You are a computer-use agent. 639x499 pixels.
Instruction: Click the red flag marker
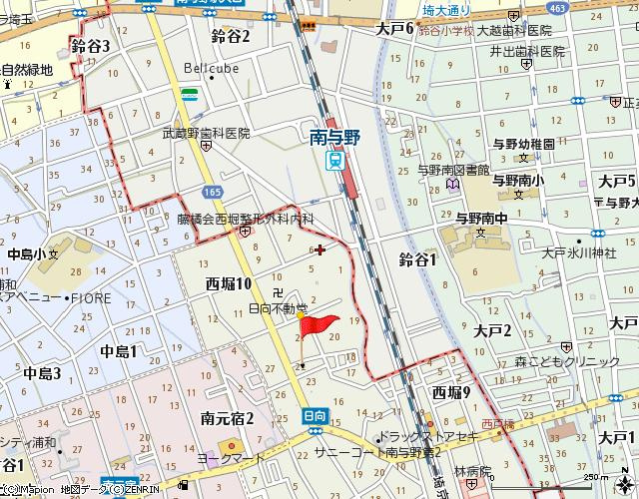click(x=318, y=325)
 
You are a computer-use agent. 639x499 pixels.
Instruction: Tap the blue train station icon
click(x=336, y=160)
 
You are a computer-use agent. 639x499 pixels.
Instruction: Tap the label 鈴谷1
click(x=418, y=259)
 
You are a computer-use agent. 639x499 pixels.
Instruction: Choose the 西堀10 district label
click(x=229, y=284)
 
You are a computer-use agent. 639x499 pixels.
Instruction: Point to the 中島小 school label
click(x=27, y=254)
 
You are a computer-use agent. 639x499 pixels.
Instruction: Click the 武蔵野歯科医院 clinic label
click(x=206, y=133)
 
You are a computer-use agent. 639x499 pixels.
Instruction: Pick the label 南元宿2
click(x=227, y=418)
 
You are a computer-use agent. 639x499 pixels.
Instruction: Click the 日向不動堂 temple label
click(x=278, y=309)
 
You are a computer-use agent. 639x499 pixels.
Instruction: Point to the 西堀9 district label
click(x=451, y=392)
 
